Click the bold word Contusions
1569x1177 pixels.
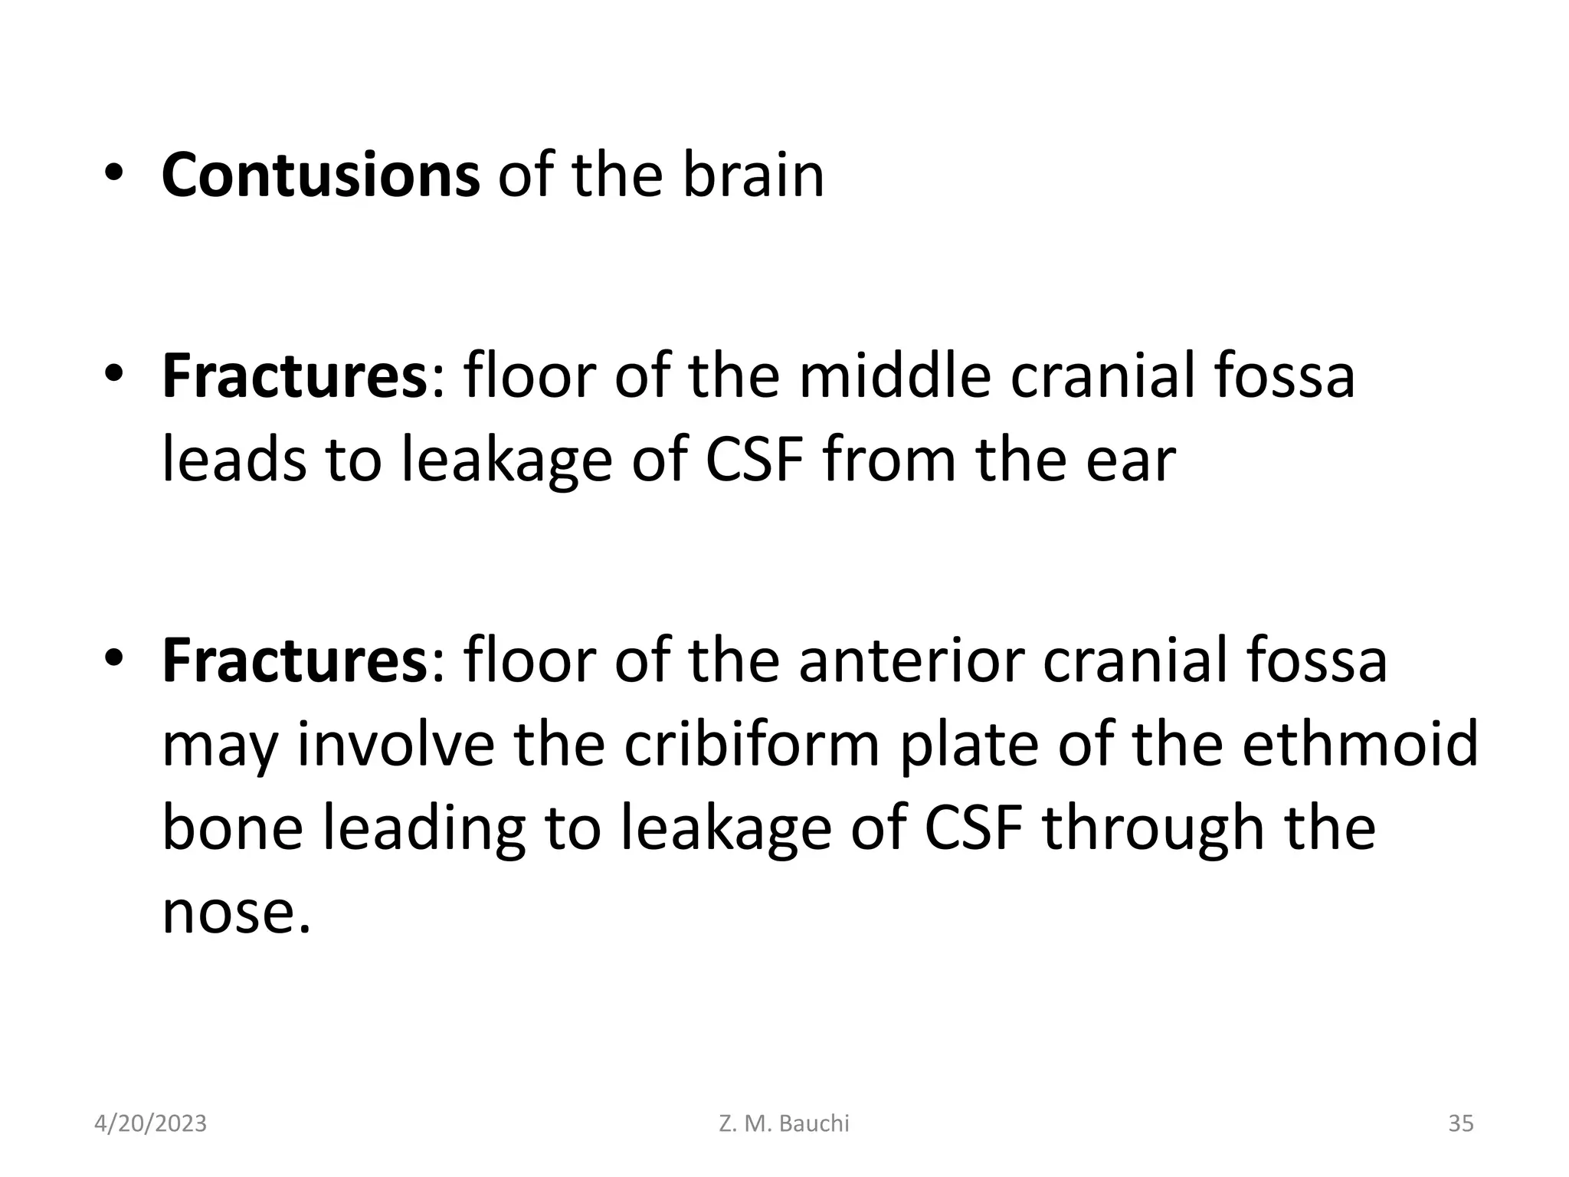pos(320,175)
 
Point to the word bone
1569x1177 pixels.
pos(233,829)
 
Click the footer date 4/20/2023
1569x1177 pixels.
pos(150,1123)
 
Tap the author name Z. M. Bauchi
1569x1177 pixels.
pos(784,1123)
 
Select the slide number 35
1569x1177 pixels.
pos(1460,1123)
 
